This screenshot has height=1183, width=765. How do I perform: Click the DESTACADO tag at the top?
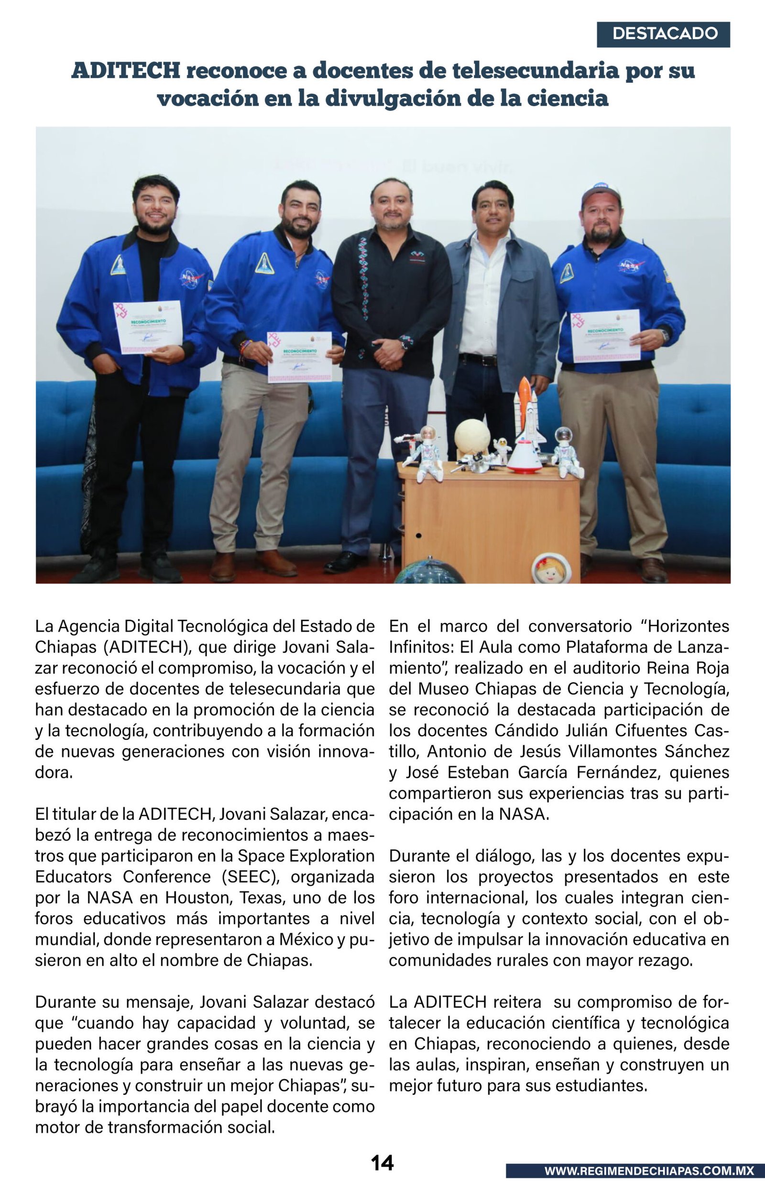tap(663, 34)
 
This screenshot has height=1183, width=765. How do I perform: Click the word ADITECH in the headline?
tap(126, 70)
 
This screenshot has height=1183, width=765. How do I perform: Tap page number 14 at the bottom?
tap(382, 1162)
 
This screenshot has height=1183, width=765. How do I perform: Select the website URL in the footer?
tap(649, 1171)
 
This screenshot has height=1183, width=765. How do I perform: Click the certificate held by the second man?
tap(299, 356)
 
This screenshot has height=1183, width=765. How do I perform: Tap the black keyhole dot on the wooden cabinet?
tap(418, 536)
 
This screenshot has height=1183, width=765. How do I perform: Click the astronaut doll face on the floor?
tap(550, 571)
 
